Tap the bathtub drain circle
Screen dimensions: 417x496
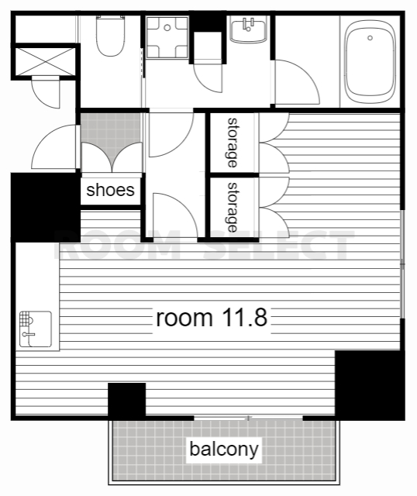click(370, 38)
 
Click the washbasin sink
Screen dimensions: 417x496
click(248, 31)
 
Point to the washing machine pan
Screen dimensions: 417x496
click(167, 37)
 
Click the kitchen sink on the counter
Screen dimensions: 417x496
click(36, 329)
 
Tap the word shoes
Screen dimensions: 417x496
click(110, 190)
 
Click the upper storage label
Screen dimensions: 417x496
click(233, 143)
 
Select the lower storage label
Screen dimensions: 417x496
click(233, 207)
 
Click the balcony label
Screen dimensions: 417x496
click(224, 449)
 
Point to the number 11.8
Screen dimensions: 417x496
click(245, 318)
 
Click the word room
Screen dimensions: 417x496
click(184, 319)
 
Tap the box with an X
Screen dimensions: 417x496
click(45, 62)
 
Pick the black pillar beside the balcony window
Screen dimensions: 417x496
click(127, 401)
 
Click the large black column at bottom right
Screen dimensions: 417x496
click(370, 385)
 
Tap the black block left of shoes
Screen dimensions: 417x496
click(46, 207)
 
